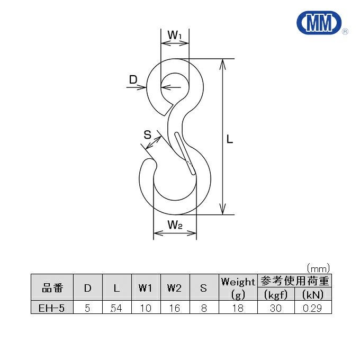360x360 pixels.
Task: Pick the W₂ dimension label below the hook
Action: click(175, 225)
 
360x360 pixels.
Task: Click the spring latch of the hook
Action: click(183, 152)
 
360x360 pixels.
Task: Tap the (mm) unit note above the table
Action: click(318, 268)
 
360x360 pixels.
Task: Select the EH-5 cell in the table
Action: click(52, 308)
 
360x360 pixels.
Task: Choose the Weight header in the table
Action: click(238, 281)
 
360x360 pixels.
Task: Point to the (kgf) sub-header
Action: click(275, 294)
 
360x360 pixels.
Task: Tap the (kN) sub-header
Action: click(312, 294)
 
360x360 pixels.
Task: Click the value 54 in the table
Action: click(116, 308)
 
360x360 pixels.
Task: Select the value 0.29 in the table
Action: click(312, 308)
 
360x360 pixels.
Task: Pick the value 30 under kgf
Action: click(275, 308)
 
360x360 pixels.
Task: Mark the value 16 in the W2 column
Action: click(174, 308)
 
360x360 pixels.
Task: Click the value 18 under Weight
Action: click(238, 308)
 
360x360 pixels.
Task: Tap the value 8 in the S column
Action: click(203, 308)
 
